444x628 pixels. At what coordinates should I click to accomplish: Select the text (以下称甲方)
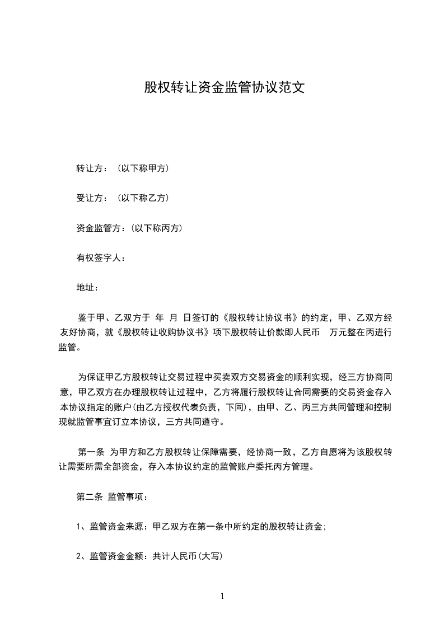(144, 168)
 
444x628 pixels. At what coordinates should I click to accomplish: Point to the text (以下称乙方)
(144, 198)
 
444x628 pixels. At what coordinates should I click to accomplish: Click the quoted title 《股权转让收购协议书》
(165, 332)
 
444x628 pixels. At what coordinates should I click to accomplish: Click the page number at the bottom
(222, 597)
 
